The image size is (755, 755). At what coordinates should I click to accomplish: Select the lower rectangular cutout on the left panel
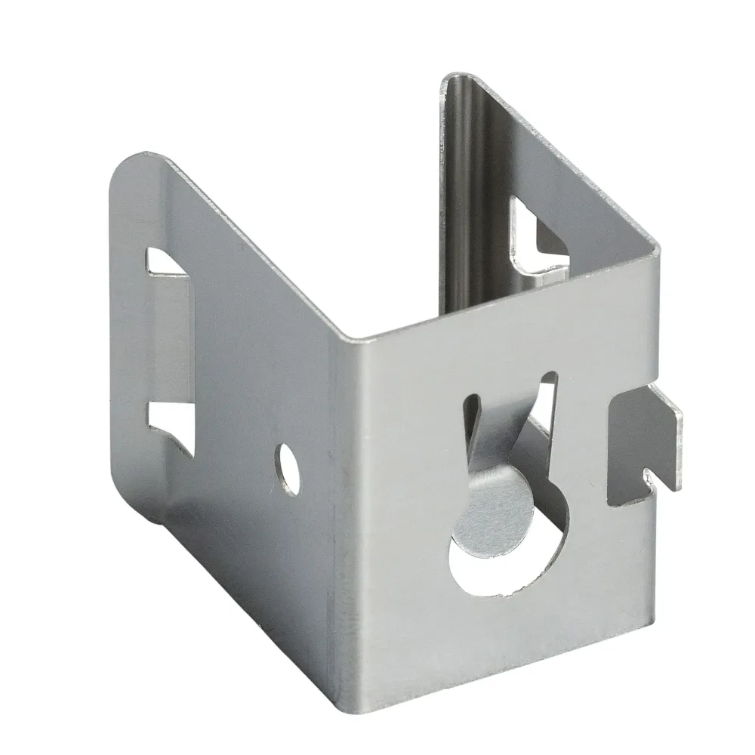point(171,423)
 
